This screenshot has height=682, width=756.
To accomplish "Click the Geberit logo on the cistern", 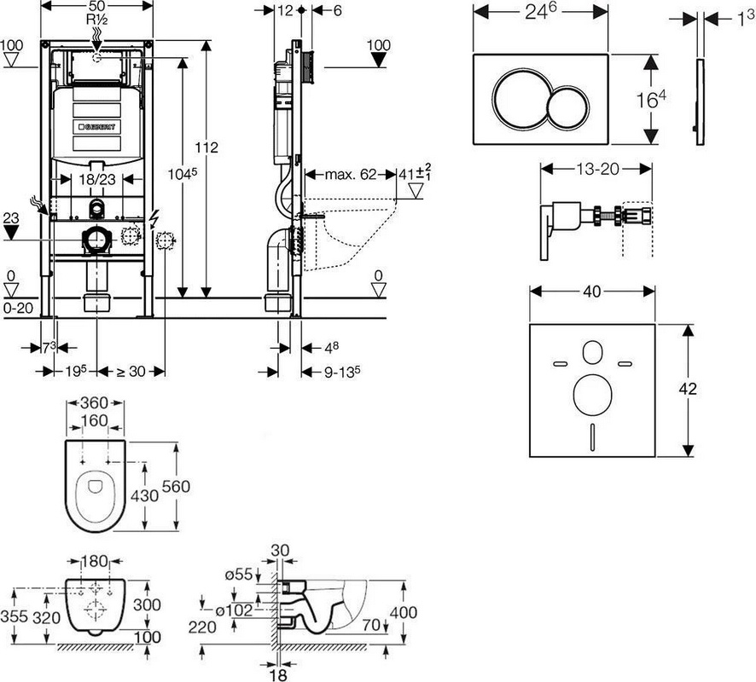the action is click(96, 127).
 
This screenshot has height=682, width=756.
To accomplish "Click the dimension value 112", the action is click(206, 147).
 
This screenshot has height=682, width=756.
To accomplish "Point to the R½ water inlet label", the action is click(96, 20).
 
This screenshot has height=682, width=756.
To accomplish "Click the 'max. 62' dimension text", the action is click(351, 174).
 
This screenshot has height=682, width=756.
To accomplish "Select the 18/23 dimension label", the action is click(97, 179).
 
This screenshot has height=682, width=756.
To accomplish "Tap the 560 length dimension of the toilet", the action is click(176, 487).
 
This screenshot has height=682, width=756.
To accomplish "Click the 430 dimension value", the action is click(145, 495).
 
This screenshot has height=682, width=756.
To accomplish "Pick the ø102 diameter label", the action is click(234, 610).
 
